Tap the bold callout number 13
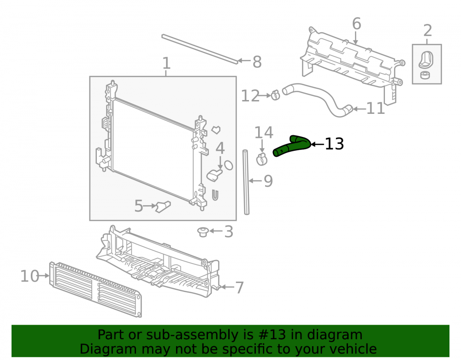(334, 144)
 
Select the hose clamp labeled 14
(261, 159)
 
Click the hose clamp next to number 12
(275, 95)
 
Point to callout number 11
(375, 108)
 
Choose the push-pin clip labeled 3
(203, 231)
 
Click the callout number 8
(257, 62)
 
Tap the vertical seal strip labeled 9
(246, 182)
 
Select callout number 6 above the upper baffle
(356, 24)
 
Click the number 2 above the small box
(427, 30)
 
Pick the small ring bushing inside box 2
(425, 75)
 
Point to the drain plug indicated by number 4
(214, 176)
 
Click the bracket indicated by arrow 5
(163, 207)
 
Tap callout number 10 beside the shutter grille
(30, 276)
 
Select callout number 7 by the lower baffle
(240, 288)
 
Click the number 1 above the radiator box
(166, 63)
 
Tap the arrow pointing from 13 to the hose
(317, 144)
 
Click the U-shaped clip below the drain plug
(215, 195)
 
